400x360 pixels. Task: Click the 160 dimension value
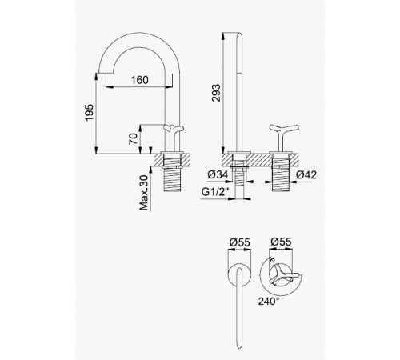[x=140, y=80]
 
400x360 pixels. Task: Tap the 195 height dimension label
[x=90, y=112]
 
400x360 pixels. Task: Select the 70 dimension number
[x=134, y=138]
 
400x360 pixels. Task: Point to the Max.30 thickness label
[x=144, y=193]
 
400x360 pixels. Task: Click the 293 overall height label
[x=216, y=93]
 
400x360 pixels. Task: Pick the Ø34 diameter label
[x=218, y=174]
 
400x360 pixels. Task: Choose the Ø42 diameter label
[x=306, y=174]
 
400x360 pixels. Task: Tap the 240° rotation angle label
[x=269, y=302]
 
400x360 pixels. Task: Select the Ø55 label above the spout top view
[x=240, y=242]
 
